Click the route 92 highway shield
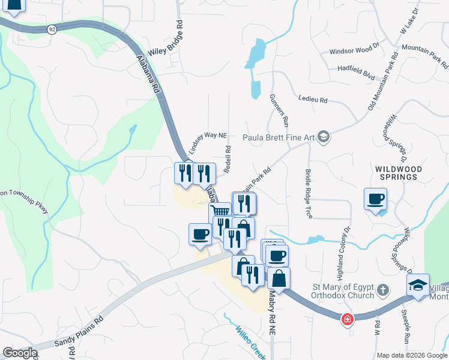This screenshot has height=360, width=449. (x=53, y=29)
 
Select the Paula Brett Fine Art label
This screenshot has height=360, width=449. (x=279, y=137)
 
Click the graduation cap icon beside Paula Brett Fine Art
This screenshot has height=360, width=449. (x=324, y=137)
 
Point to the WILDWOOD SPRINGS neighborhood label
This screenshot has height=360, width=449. (x=399, y=173)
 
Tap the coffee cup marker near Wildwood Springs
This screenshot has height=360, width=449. (x=376, y=199)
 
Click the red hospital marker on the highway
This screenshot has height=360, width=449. (x=347, y=319)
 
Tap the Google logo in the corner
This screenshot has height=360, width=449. (x=19, y=353)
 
